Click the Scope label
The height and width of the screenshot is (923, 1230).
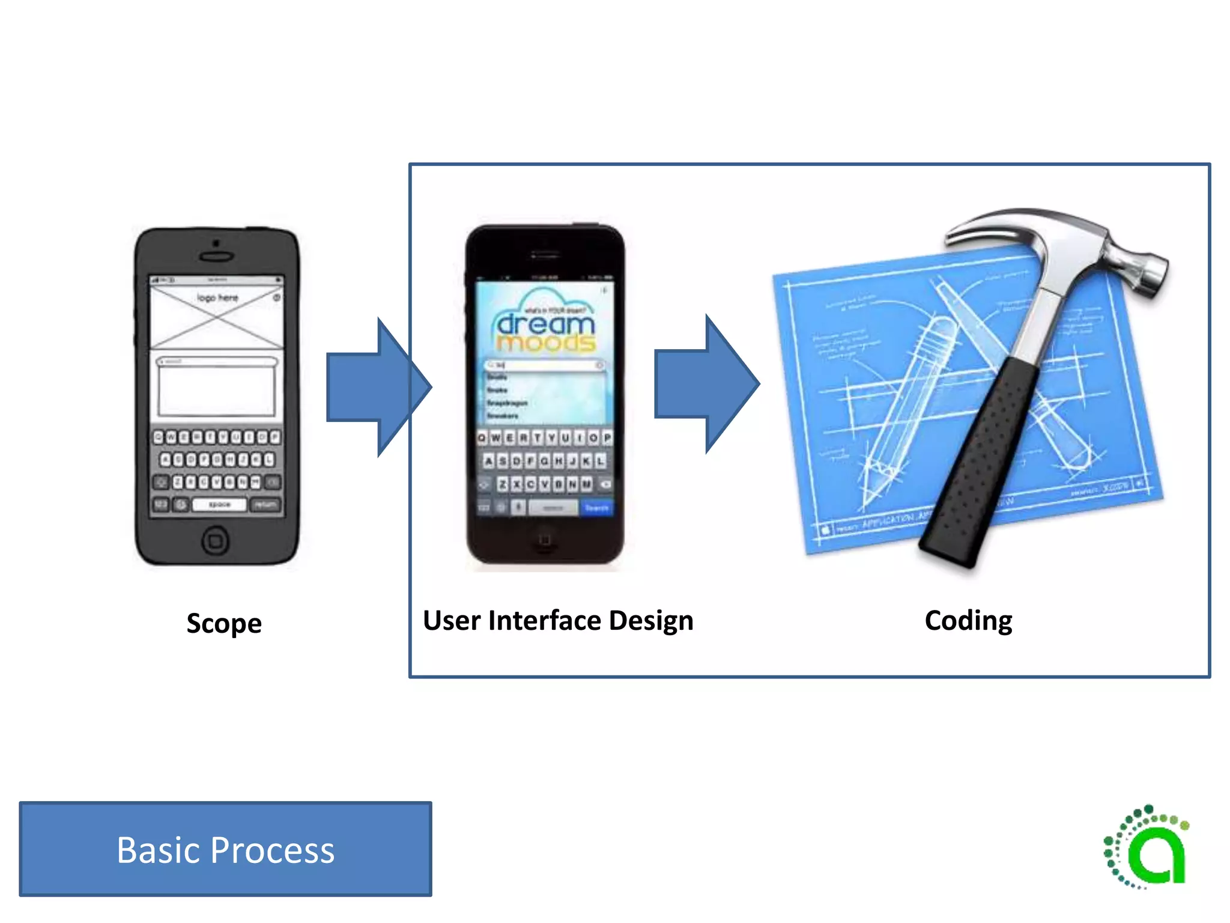224,623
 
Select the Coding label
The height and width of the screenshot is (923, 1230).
968,620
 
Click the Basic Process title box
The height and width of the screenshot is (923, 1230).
225,848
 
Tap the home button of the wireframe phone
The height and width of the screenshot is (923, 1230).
215,540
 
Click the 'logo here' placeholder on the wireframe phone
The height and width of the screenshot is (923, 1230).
217,298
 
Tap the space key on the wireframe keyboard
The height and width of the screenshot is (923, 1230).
219,505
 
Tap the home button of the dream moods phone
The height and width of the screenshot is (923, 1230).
545,539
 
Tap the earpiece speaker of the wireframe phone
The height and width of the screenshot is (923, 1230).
216,257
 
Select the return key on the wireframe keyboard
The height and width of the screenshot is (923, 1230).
265,505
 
